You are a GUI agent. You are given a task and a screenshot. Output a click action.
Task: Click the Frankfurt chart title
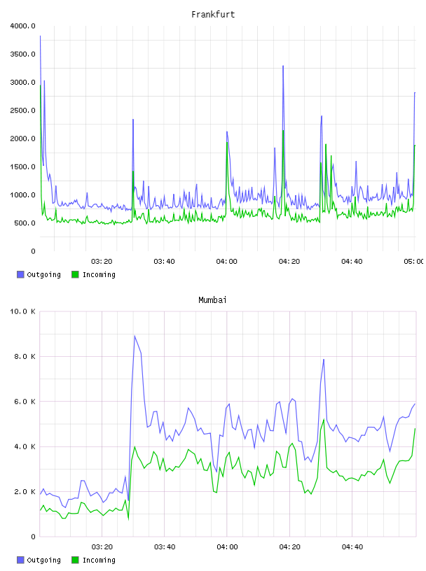[x=213, y=15]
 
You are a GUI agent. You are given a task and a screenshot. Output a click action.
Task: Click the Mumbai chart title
[x=212, y=300]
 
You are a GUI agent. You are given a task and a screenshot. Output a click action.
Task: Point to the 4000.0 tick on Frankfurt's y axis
[x=23, y=26]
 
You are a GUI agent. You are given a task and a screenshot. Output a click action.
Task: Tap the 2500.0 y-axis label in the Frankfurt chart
[x=23, y=111]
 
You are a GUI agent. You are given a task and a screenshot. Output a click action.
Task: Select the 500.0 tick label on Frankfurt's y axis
[x=25, y=223]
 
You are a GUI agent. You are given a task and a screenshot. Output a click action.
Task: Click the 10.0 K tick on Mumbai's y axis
[x=23, y=311]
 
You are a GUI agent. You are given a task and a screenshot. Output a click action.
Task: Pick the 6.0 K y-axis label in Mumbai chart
[x=25, y=401]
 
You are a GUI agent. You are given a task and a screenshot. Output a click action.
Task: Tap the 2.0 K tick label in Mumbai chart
[x=25, y=492]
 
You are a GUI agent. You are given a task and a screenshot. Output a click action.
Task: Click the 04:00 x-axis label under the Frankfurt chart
[x=226, y=262]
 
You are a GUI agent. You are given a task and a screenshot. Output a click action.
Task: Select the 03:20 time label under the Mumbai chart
[x=102, y=547]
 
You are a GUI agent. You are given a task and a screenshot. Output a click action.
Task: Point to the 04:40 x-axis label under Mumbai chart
[x=352, y=547]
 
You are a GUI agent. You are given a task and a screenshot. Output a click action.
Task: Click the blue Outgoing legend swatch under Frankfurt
[x=20, y=274]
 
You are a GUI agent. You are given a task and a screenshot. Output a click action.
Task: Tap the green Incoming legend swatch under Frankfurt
[x=75, y=274]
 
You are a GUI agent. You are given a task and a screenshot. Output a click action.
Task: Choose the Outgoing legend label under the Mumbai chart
[x=43, y=560]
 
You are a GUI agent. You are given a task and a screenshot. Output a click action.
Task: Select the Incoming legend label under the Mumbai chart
[x=99, y=560]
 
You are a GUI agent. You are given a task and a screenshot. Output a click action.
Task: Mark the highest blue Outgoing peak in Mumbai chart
[x=135, y=336]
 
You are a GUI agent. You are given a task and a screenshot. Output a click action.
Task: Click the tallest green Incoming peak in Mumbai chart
[x=324, y=420]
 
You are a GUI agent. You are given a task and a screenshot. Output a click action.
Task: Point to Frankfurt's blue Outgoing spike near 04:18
[x=283, y=66]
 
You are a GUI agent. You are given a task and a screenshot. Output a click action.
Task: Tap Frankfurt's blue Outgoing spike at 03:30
[x=133, y=120]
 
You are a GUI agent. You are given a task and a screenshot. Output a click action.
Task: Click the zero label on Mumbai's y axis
[x=33, y=537]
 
